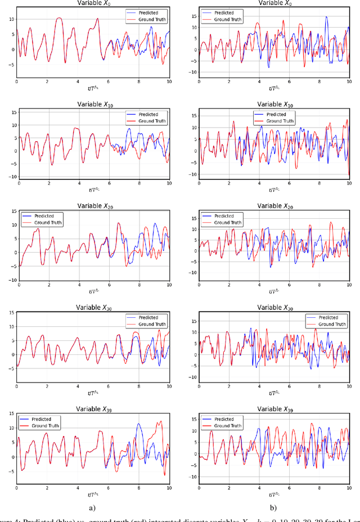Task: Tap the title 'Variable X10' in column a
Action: [93, 105]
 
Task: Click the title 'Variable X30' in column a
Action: [93, 308]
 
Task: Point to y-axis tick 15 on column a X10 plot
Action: [11, 111]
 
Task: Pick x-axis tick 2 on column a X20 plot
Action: [49, 285]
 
